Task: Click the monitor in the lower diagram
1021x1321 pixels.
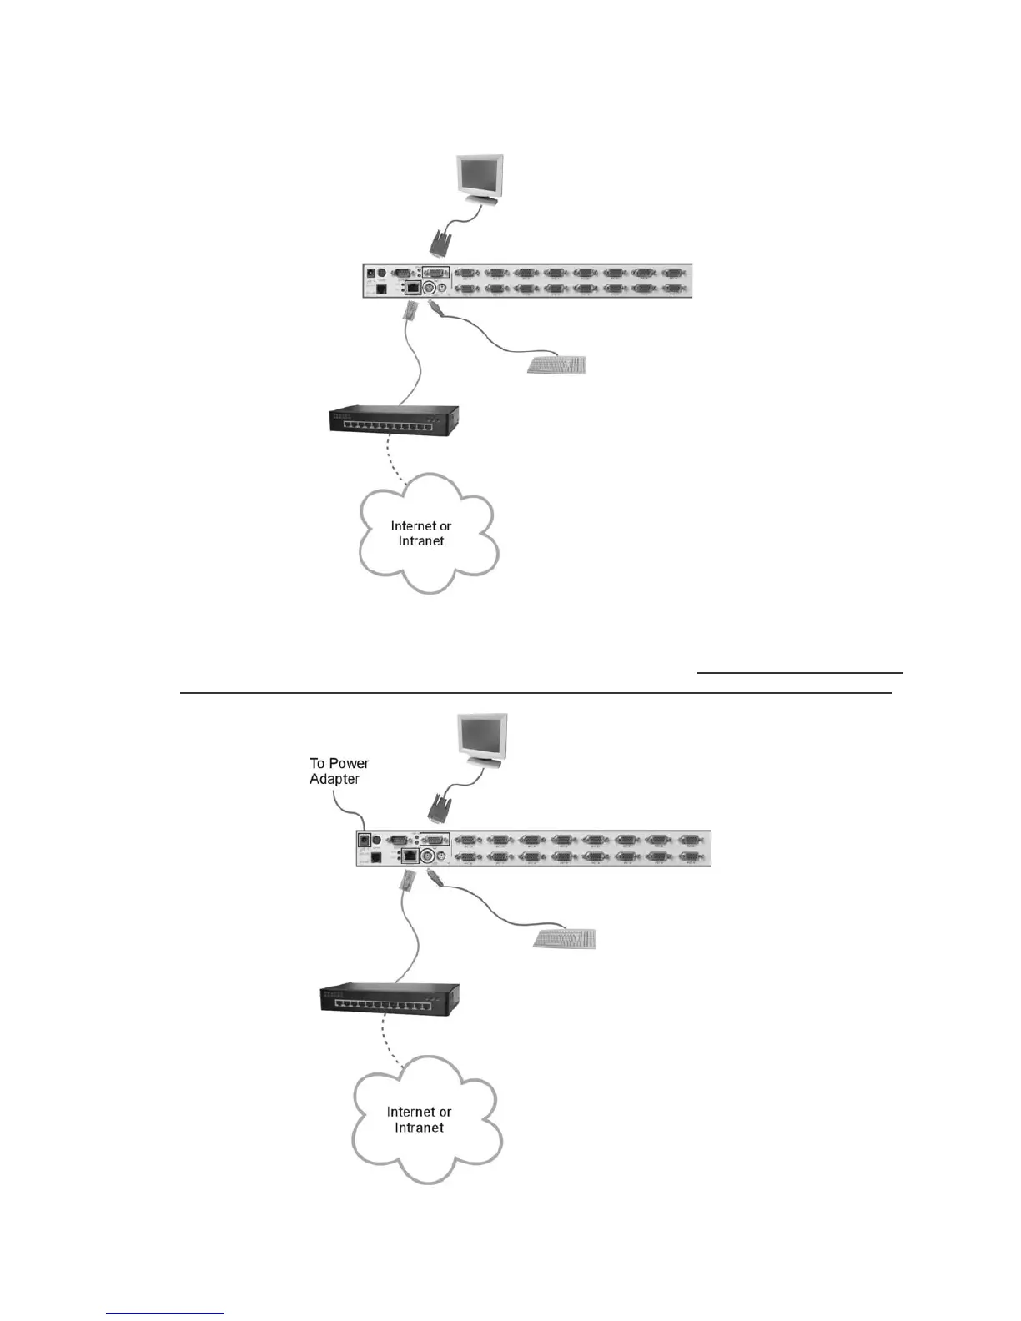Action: click(480, 738)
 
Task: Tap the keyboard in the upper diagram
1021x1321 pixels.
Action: click(557, 364)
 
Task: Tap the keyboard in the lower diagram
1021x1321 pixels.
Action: click(566, 938)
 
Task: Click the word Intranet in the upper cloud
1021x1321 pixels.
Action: click(421, 541)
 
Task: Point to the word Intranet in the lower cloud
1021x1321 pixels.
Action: click(419, 1128)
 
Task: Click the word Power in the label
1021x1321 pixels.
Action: click(350, 763)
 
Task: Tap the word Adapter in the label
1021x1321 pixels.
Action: click(334, 779)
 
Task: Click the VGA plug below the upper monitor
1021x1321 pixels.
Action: click(440, 244)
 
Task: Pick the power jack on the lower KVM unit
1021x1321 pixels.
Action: click(364, 841)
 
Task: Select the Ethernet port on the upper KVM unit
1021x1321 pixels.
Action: click(412, 289)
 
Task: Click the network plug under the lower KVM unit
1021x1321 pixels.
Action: click(408, 882)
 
